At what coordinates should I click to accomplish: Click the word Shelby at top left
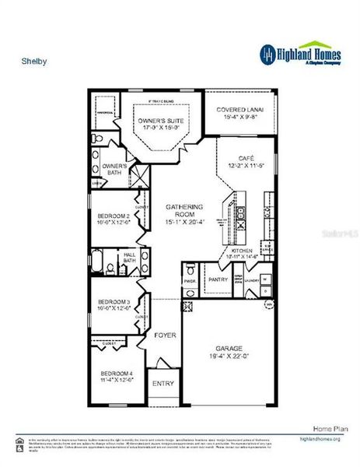[29, 58]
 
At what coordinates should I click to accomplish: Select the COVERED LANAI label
[239, 110]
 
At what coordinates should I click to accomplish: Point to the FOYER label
[164, 335]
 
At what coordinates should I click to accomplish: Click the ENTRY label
[163, 383]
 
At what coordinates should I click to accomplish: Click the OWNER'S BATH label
[114, 167]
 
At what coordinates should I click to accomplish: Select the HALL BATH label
[130, 257]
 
